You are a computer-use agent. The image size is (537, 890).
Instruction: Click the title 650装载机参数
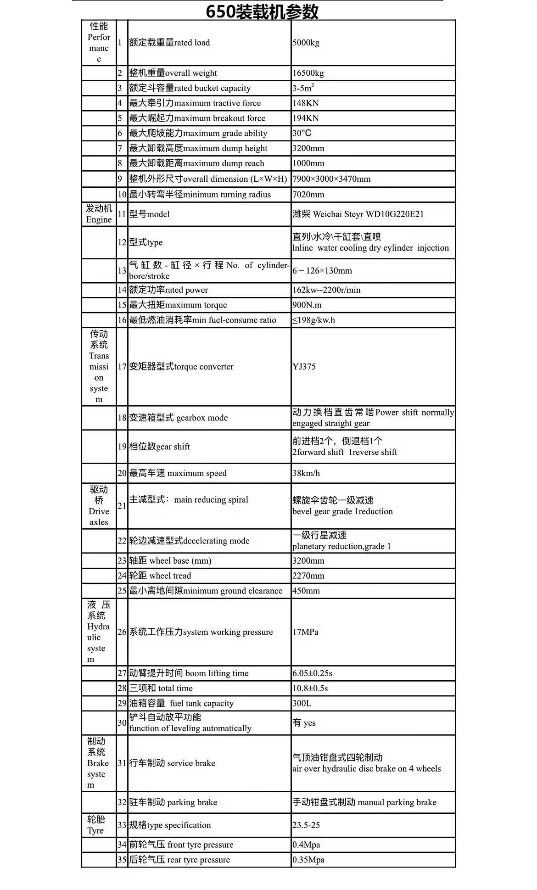(262, 11)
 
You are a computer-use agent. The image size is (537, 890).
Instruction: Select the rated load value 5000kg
(306, 43)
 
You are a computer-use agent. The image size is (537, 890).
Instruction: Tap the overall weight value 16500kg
(308, 73)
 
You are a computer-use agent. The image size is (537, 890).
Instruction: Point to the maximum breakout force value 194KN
(306, 118)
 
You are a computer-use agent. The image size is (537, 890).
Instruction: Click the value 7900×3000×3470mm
(331, 179)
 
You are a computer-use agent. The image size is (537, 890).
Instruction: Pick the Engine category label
(99, 214)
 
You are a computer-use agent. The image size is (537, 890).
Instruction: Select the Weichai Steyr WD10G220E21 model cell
(358, 214)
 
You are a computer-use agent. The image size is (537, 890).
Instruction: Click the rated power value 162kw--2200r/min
(326, 290)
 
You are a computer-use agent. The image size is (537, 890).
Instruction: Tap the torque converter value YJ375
(304, 367)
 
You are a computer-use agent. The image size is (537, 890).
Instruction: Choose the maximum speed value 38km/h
(306, 473)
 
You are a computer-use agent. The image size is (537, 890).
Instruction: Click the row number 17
(122, 367)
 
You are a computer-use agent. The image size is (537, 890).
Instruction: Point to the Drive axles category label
(99, 506)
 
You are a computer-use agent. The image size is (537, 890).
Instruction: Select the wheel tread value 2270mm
(308, 576)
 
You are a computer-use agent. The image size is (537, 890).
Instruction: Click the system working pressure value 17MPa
(305, 632)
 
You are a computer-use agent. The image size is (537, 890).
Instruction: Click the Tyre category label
(96, 825)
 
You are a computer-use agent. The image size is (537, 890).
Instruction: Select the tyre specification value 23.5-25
(306, 825)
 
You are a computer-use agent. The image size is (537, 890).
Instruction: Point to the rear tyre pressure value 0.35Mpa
(308, 860)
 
